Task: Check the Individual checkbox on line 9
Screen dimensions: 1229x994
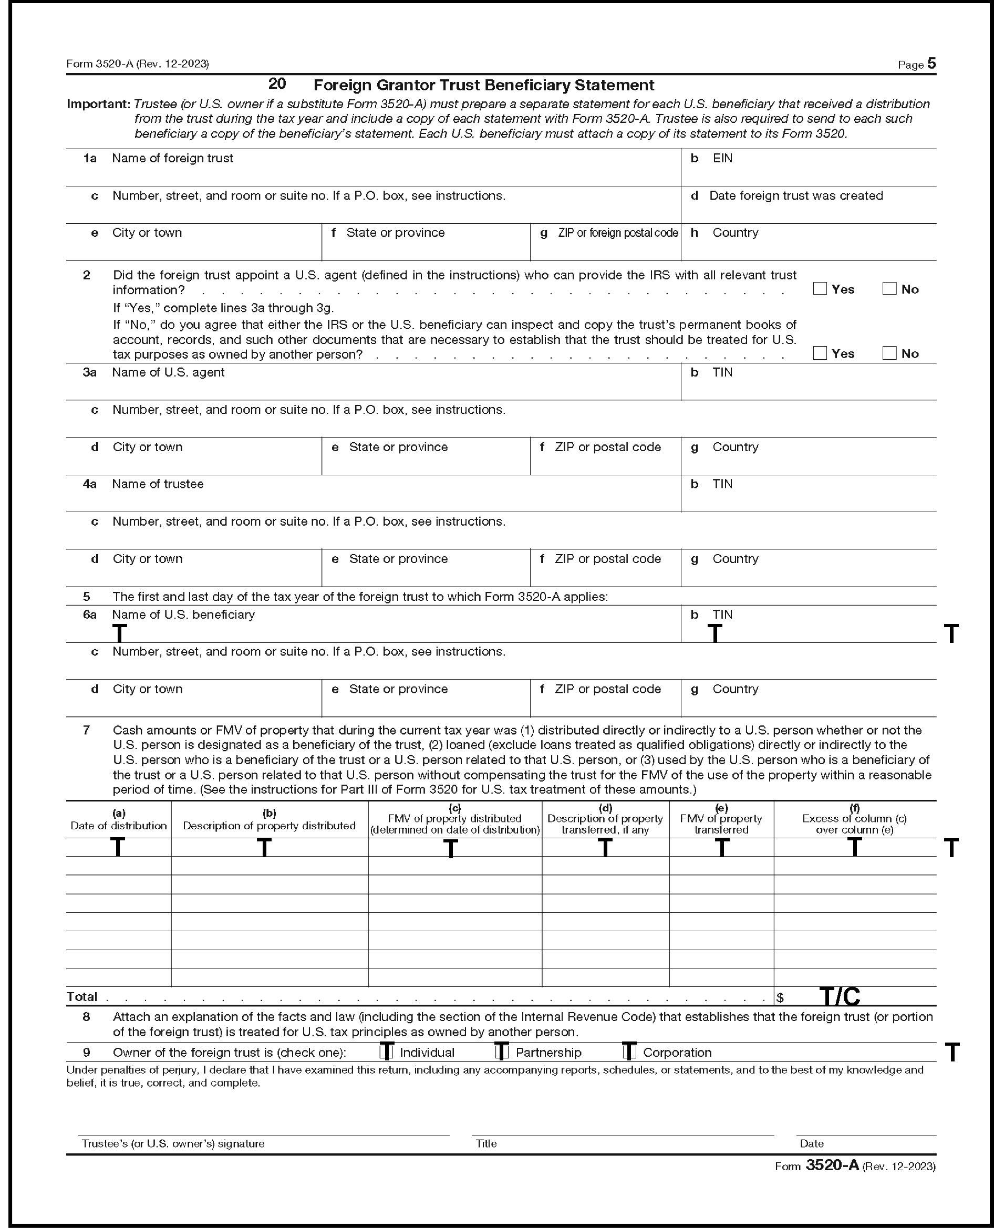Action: [387, 1052]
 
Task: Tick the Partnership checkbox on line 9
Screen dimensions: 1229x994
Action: [502, 1052]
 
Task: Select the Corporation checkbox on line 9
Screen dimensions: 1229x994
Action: [629, 1052]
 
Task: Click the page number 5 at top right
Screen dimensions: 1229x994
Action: [931, 64]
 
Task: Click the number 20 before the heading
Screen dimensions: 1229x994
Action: [277, 84]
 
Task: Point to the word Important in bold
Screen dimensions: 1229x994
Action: [98, 104]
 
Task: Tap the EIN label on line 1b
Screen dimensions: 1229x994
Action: [722, 159]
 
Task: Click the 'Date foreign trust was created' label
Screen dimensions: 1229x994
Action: [795, 196]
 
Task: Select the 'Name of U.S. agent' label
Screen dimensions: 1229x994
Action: [168, 373]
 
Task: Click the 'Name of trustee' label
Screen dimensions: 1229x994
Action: [158, 484]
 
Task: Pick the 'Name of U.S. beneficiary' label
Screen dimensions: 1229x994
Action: [183, 615]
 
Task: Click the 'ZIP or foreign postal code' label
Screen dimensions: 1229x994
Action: [618, 233]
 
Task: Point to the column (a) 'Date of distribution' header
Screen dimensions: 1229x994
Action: [119, 821]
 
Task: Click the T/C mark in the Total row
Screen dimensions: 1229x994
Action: [840, 997]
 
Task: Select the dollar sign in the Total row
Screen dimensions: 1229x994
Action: [780, 998]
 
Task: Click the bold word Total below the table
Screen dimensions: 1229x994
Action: [82, 997]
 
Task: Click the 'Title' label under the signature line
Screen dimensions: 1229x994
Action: [486, 1144]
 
